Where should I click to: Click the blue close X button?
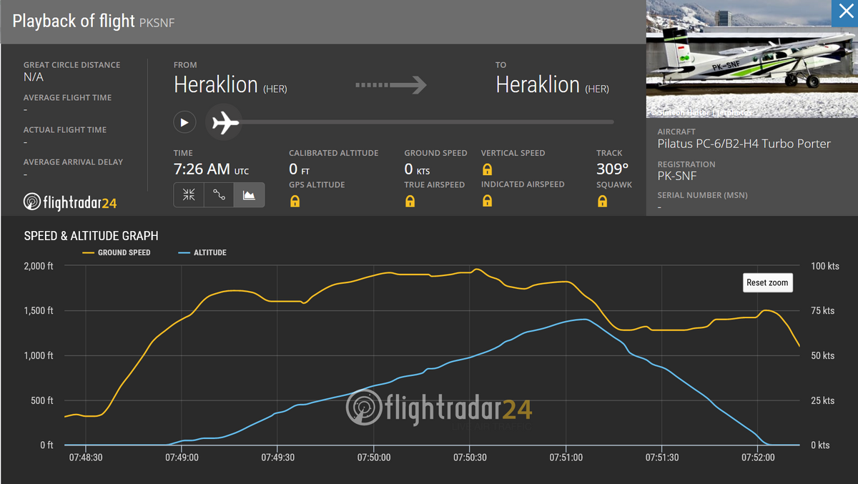[x=844, y=13]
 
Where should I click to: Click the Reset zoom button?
[x=767, y=282]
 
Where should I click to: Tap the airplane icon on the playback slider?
[x=225, y=122]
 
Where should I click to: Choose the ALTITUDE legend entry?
[x=209, y=253]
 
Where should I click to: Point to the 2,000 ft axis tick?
[x=39, y=266]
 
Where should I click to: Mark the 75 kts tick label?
[x=823, y=311]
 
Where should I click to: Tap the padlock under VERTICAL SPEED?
[x=487, y=169]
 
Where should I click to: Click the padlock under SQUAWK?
[x=602, y=202]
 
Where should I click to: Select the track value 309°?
[x=612, y=169]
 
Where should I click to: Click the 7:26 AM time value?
[x=202, y=169]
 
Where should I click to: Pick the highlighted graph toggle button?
[x=249, y=195]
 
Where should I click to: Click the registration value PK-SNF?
[x=676, y=177]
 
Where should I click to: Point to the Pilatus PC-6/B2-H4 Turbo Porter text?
[x=744, y=144]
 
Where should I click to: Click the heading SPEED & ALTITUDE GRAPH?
[x=92, y=236]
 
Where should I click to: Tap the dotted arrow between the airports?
[x=390, y=85]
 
